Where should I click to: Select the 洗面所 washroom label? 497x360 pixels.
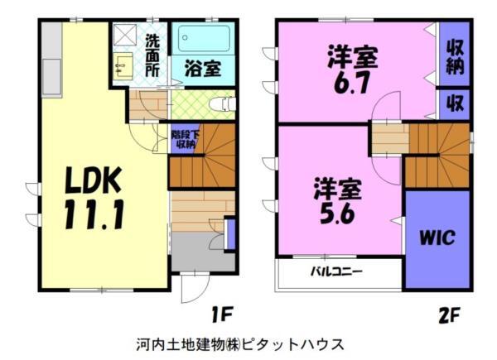point(153,54)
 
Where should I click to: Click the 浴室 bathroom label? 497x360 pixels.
point(202,69)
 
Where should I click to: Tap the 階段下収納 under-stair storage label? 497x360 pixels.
point(184,138)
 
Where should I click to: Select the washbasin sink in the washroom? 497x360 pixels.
point(123,65)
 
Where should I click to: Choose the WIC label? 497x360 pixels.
point(437,239)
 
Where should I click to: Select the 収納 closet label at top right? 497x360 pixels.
point(454,56)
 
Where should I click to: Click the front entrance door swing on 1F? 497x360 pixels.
point(191,288)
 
